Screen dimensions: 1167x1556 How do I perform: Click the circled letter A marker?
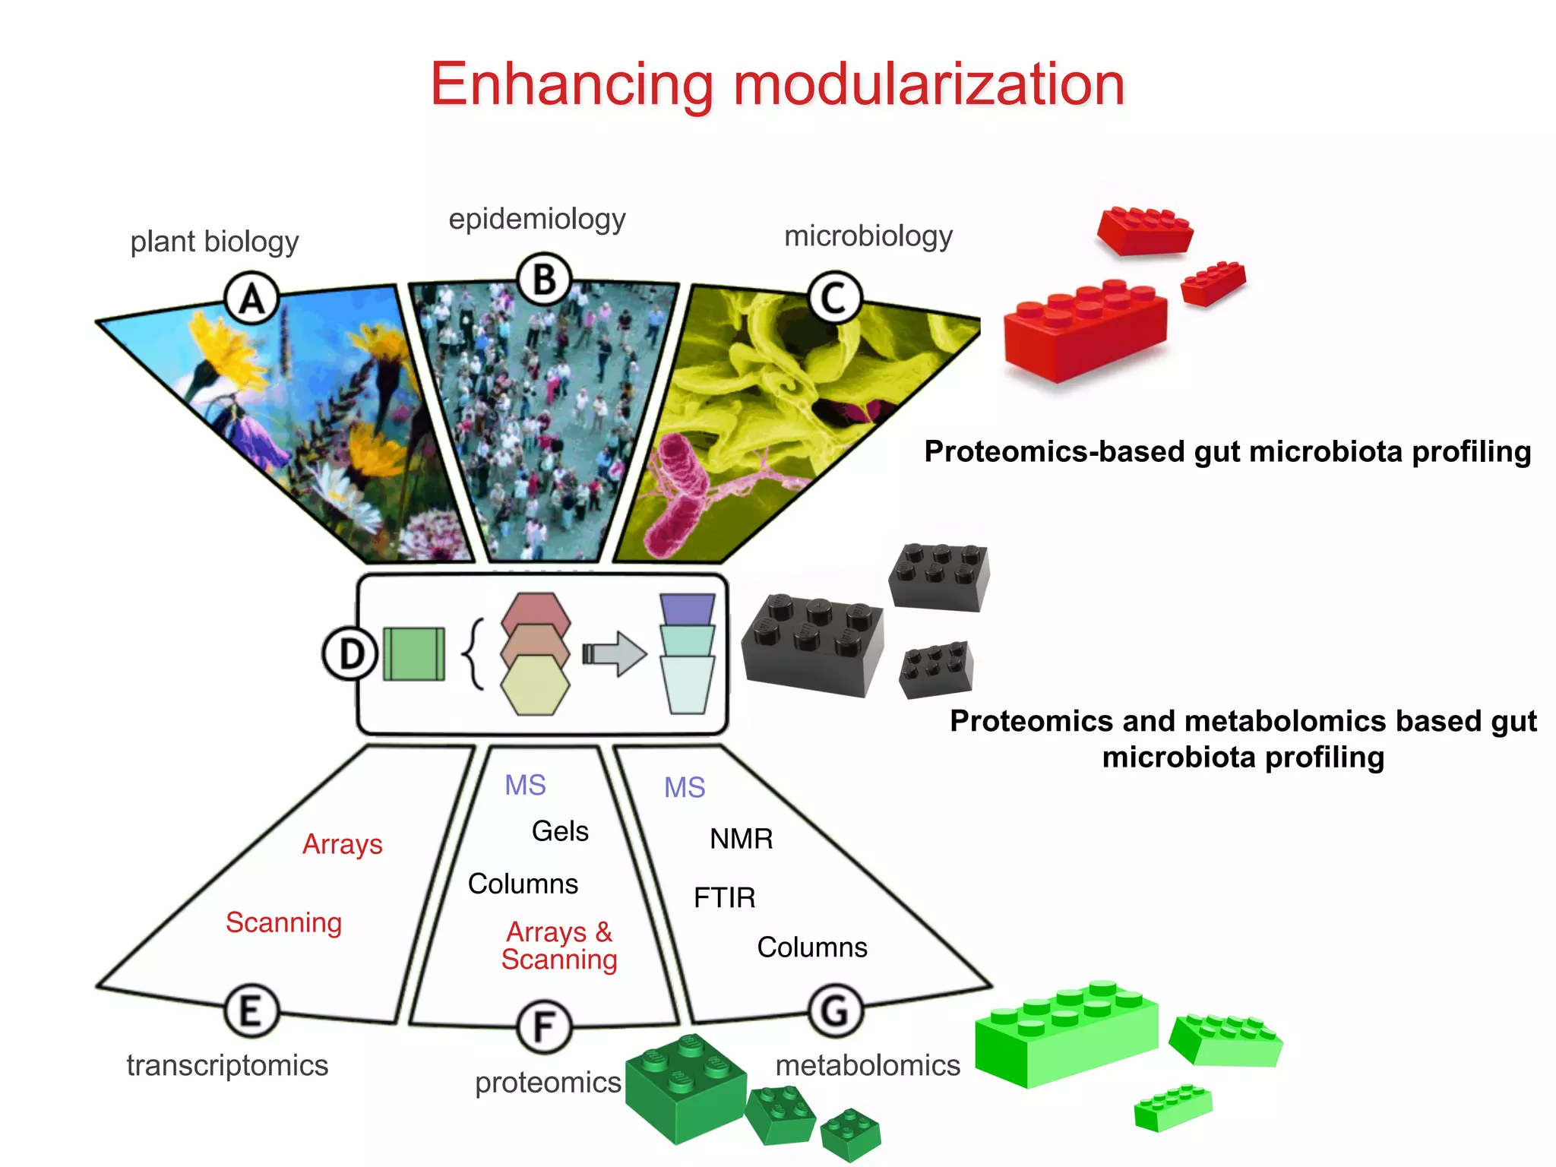[x=252, y=299]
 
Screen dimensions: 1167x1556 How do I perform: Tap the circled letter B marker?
[x=544, y=280]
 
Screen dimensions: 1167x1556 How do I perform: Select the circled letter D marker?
[x=349, y=653]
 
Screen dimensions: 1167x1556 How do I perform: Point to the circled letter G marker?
[x=835, y=1010]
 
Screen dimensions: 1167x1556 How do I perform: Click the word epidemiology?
[x=536, y=219]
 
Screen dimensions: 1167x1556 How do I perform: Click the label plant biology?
[x=214, y=242]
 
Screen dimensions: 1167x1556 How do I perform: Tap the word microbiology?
[x=868, y=236]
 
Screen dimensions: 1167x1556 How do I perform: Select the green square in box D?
[x=413, y=653]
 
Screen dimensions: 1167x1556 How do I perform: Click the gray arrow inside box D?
[x=615, y=653]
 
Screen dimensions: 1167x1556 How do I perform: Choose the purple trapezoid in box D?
[x=687, y=609]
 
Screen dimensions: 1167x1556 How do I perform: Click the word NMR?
[x=741, y=839]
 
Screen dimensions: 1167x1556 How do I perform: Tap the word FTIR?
[x=724, y=898]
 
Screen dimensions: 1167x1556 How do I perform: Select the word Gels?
[x=560, y=831]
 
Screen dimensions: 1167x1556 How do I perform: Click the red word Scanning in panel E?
[x=283, y=922]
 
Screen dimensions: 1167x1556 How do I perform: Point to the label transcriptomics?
[x=227, y=1065]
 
